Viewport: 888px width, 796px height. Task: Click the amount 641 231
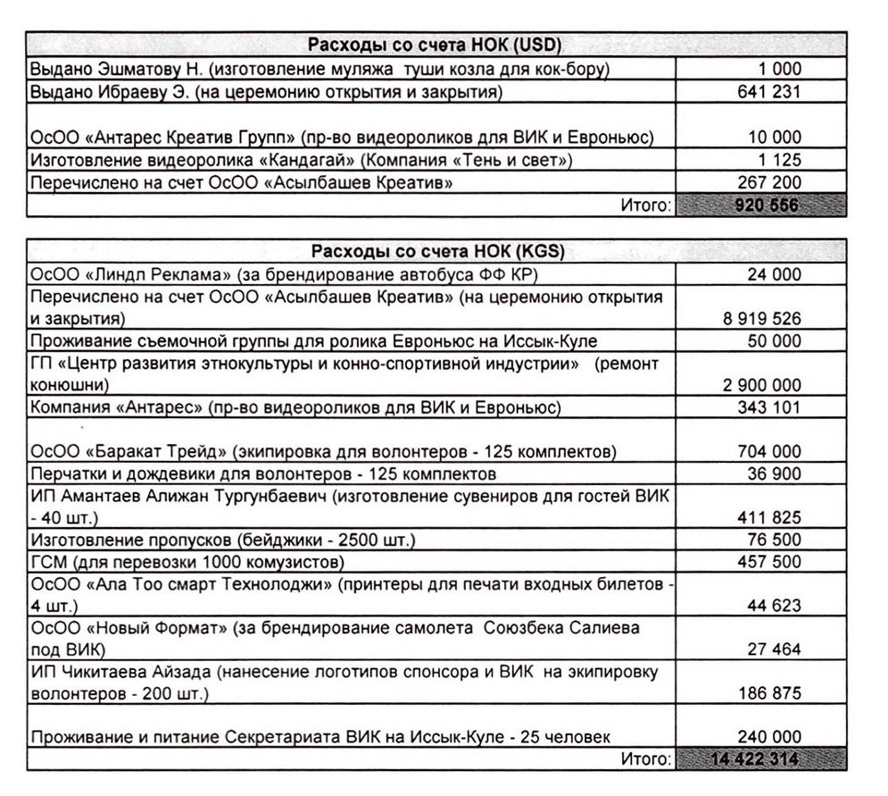pos(770,91)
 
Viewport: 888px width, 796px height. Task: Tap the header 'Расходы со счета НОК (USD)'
pos(435,46)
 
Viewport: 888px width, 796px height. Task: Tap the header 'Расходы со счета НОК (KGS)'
pos(435,251)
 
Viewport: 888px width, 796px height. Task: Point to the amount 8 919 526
pos(761,317)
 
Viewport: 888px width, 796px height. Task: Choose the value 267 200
pos(770,183)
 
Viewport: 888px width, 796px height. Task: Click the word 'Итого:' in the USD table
pos(643,205)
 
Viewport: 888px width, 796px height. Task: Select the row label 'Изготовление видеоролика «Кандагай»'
pos(300,161)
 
